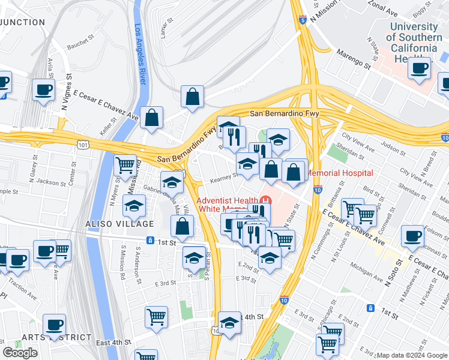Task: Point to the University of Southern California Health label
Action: coord(414,43)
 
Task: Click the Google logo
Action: coord(20,353)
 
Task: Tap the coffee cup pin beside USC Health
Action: coord(420,67)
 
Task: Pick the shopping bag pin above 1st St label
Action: coord(182,227)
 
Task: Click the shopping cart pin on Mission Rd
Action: coord(125,164)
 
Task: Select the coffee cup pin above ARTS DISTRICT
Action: coord(54,325)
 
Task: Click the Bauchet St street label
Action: coord(81,43)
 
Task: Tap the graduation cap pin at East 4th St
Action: coord(229,323)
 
